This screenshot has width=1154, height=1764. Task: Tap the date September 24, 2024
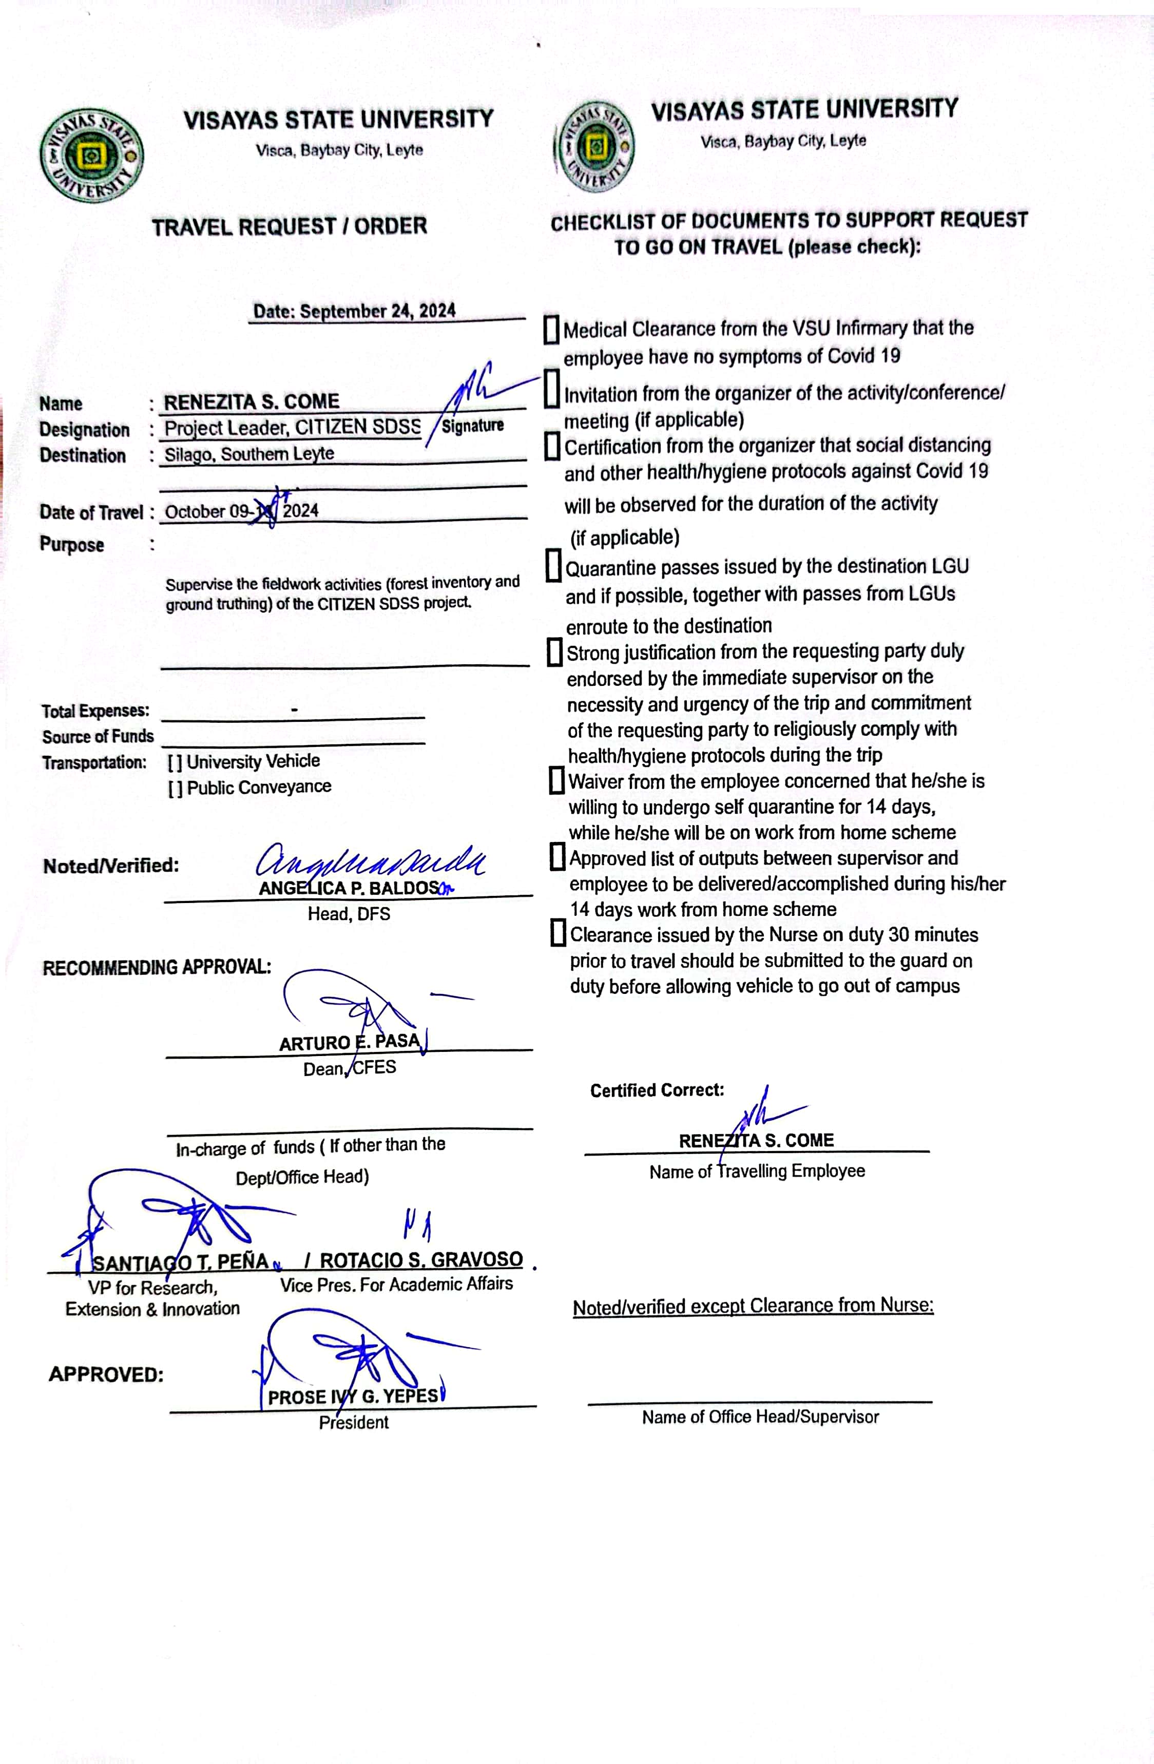coord(354,311)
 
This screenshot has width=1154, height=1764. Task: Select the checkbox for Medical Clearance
coord(551,330)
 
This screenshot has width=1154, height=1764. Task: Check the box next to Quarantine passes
coord(553,566)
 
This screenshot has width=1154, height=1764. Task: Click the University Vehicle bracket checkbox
coord(175,762)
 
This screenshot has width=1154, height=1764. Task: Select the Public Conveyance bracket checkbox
coord(175,788)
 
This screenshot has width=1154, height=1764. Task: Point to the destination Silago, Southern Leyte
coord(249,454)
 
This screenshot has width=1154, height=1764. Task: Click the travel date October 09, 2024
coord(242,511)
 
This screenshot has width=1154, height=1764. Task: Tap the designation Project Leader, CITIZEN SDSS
coord(292,428)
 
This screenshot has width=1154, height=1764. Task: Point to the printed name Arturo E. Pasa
coord(349,1042)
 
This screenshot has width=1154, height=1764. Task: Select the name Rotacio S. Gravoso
coord(421,1259)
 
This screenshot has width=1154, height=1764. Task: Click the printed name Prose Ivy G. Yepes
coord(353,1396)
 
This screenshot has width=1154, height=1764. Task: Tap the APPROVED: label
coord(106,1375)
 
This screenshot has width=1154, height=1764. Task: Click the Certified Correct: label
coord(657,1090)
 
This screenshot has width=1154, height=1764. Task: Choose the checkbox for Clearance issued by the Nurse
coord(558,934)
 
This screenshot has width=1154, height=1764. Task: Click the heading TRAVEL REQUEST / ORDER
coord(290,226)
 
